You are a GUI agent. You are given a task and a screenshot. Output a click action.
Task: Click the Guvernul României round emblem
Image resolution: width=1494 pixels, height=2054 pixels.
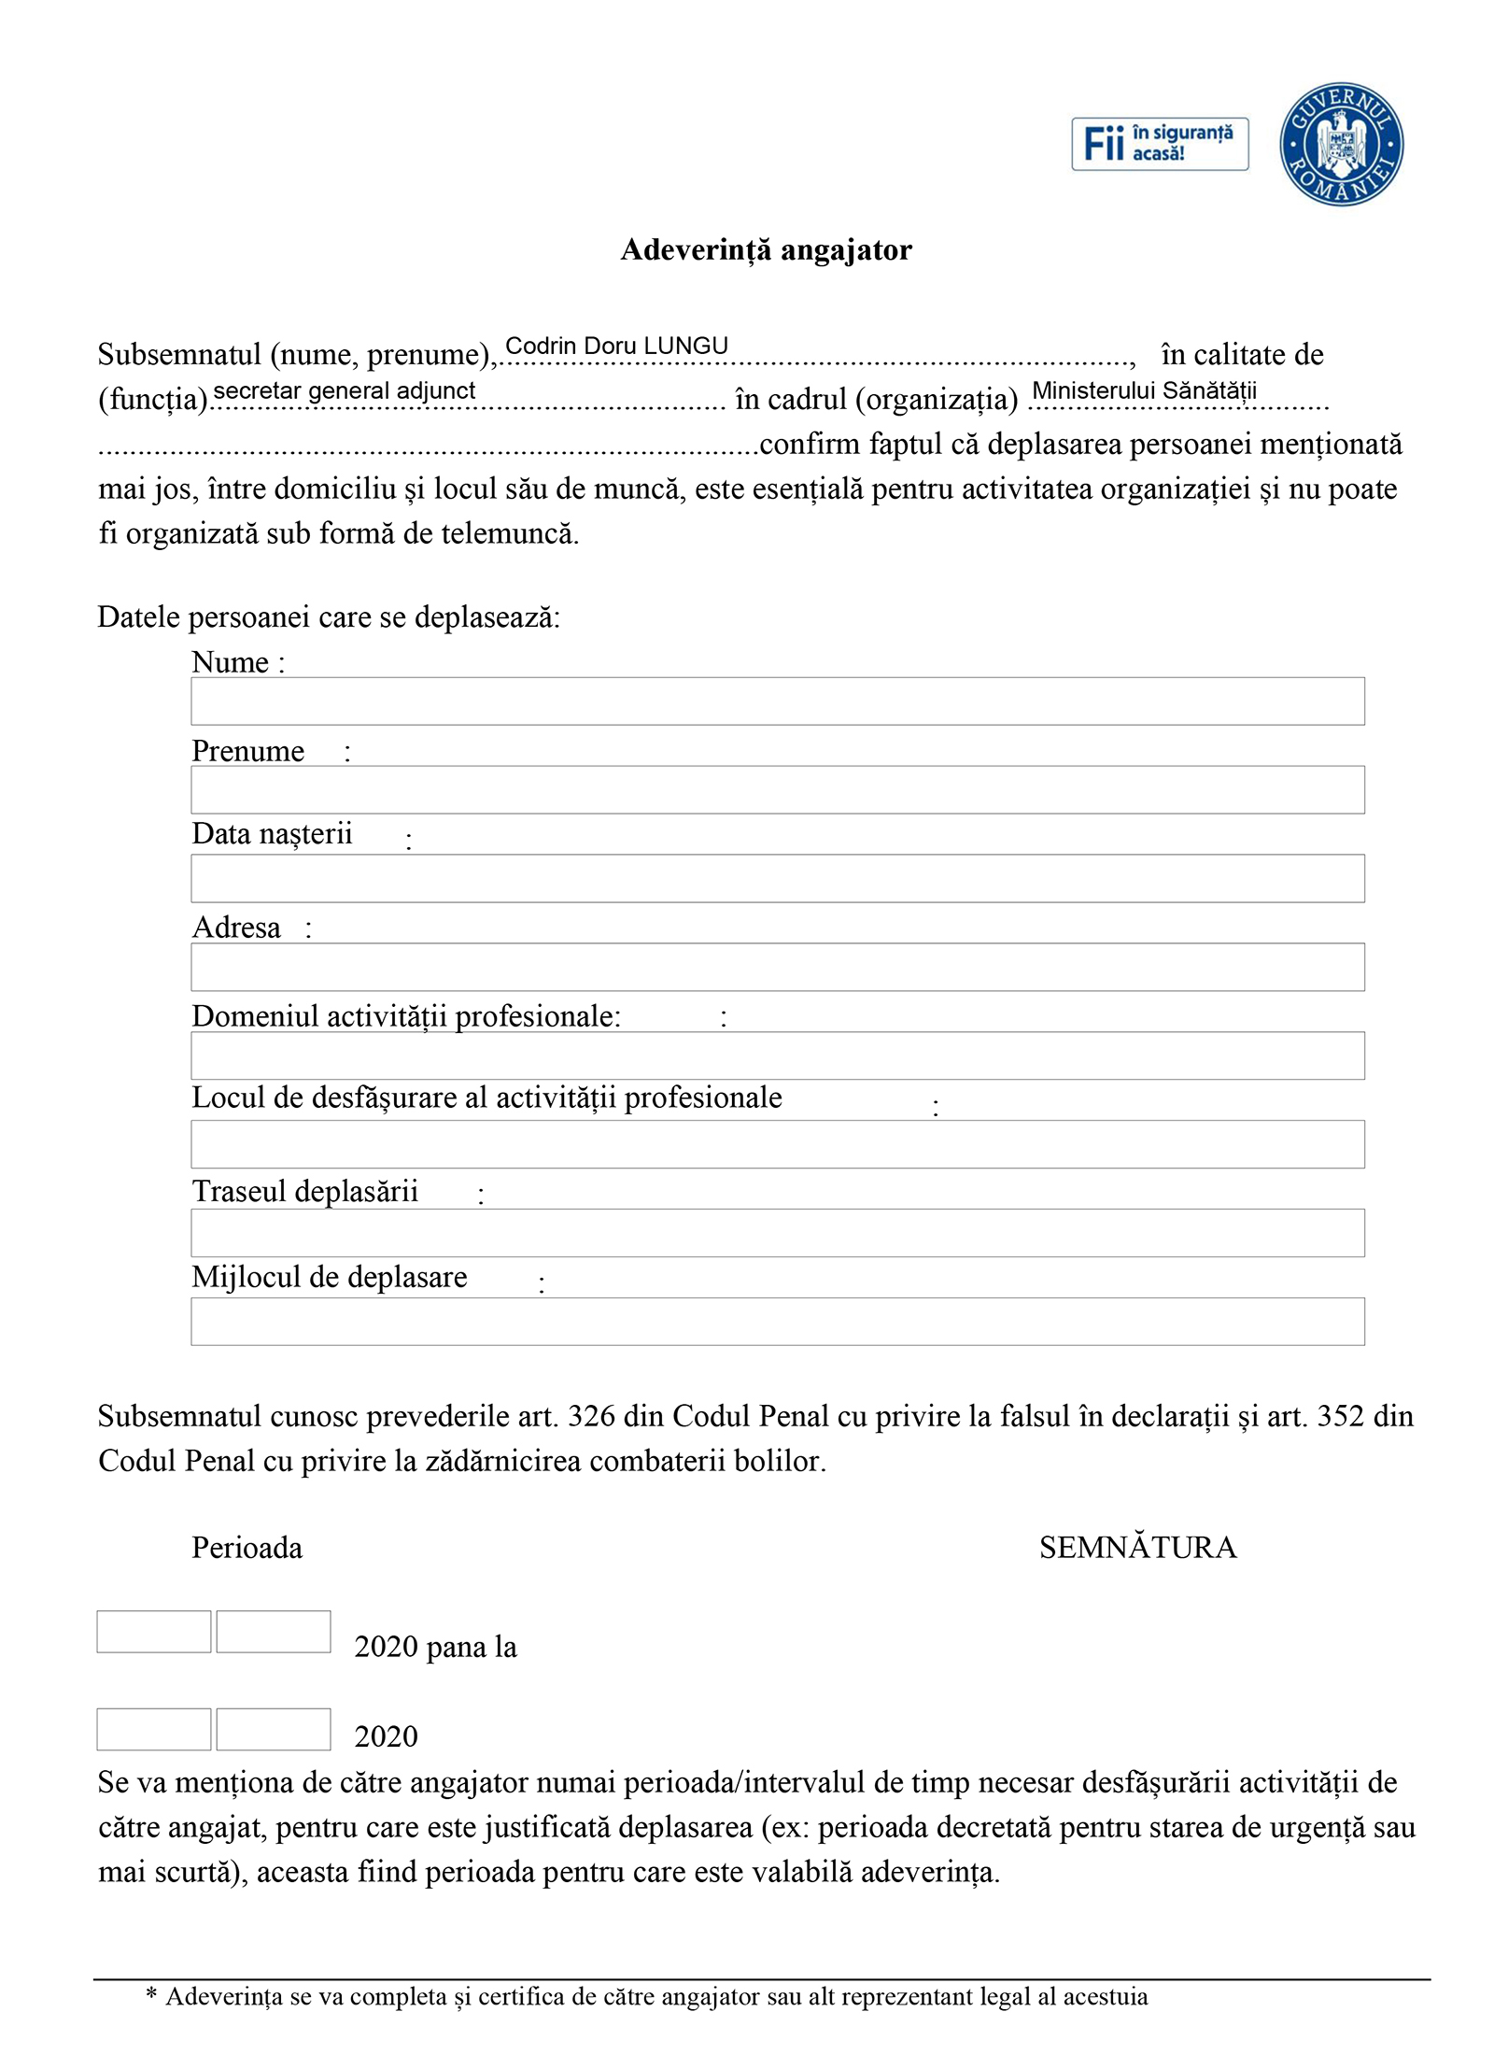pos(1341,144)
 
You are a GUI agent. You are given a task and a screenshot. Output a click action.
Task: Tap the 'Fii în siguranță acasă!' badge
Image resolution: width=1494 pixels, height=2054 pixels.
pos(1159,144)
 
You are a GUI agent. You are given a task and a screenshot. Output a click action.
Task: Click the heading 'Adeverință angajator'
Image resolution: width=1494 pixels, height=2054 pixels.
pos(766,249)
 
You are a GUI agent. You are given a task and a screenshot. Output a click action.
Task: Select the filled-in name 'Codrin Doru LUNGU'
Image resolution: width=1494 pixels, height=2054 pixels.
pos(616,346)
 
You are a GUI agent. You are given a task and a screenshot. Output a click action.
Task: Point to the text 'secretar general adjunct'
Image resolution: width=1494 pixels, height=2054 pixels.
pos(345,390)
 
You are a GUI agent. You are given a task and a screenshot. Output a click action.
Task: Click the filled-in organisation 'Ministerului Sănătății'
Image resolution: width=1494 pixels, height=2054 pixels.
pos(1144,390)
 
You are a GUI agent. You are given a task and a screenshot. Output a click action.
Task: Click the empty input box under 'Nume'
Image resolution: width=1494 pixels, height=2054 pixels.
pos(777,701)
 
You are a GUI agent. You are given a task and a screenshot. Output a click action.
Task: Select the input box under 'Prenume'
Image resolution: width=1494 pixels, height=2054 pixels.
pos(777,789)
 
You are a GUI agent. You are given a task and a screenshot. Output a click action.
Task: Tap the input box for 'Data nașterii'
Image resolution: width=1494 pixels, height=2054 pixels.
pos(777,878)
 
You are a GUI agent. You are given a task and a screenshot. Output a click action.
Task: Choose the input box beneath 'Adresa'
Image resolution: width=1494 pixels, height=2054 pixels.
pos(777,967)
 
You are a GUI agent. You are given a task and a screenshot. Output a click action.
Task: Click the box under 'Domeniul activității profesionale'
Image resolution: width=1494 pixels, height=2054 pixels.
pos(777,1055)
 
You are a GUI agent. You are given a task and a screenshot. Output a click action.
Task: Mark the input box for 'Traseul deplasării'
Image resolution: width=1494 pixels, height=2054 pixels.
pos(777,1233)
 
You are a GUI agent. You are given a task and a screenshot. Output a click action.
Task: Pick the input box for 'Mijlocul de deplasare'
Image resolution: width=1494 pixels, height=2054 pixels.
pos(777,1321)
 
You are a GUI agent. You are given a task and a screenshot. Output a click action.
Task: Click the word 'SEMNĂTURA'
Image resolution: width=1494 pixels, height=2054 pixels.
pos(1137,1548)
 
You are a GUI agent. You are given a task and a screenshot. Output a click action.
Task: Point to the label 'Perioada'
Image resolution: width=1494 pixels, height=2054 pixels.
pos(247,1548)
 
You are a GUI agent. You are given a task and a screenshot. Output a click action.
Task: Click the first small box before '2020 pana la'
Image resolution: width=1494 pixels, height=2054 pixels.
pos(154,1631)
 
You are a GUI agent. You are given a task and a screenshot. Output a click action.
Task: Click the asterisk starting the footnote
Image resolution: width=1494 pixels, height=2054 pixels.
pos(151,1996)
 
